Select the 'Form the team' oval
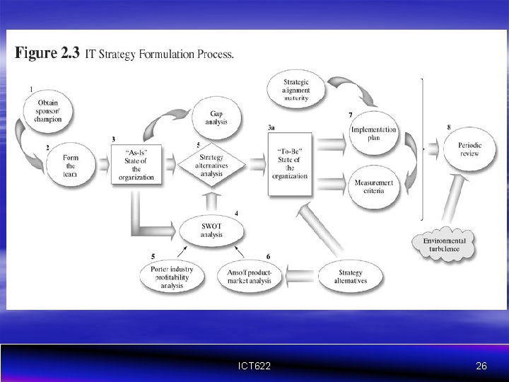[70, 166]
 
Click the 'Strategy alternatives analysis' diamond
[211, 166]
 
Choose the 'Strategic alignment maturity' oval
[296, 91]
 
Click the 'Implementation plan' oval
[374, 134]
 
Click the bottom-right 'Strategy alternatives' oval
[351, 276]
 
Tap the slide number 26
[481, 366]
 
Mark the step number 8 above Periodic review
[450, 127]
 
